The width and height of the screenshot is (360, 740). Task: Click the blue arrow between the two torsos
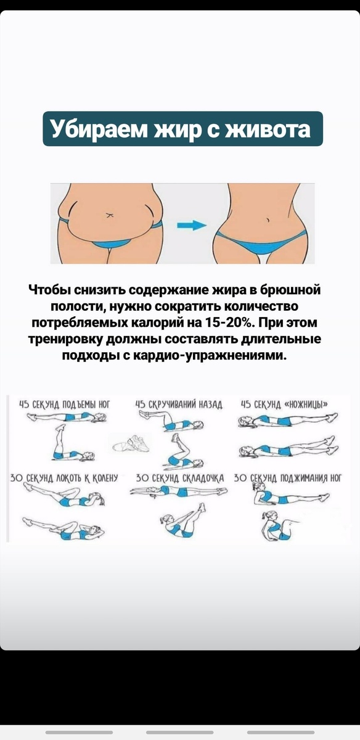[x=192, y=225]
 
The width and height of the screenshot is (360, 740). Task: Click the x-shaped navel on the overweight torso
[x=109, y=215]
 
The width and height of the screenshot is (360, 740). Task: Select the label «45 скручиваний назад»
[x=179, y=405]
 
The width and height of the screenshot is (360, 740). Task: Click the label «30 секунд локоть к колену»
[x=64, y=478]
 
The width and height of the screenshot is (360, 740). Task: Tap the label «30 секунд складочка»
[x=180, y=478]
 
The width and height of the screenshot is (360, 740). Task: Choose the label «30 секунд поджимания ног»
[x=288, y=478]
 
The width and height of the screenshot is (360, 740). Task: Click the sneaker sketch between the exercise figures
[x=131, y=443]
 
